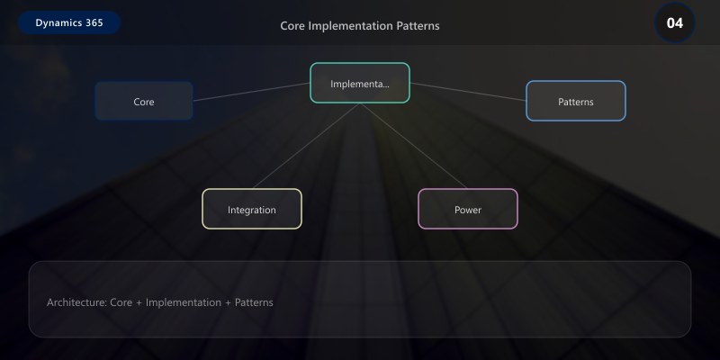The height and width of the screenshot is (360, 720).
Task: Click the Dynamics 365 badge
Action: (x=69, y=22)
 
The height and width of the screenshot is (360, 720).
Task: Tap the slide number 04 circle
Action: (x=674, y=22)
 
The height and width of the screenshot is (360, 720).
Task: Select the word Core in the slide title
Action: (x=292, y=25)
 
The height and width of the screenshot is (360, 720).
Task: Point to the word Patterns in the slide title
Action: (x=418, y=25)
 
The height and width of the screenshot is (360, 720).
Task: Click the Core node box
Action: (x=144, y=102)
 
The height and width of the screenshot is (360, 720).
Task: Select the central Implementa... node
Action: (x=360, y=84)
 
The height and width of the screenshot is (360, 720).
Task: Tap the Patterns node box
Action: (x=575, y=102)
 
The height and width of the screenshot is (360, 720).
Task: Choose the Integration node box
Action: (x=252, y=210)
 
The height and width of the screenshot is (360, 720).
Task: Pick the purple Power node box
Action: (x=468, y=210)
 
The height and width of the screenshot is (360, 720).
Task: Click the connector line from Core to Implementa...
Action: (x=252, y=92)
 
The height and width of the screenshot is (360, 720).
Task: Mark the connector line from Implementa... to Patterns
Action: (x=468, y=92)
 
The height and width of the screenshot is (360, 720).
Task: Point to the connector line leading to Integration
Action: (x=306, y=145)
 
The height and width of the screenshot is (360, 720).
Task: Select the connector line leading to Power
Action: (x=414, y=145)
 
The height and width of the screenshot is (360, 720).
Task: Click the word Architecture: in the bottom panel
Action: (x=76, y=302)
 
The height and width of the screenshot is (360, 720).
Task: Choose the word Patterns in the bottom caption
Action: (x=254, y=302)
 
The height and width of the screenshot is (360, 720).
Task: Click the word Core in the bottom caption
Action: (x=121, y=302)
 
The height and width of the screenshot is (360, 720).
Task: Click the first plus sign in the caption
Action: (x=139, y=302)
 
